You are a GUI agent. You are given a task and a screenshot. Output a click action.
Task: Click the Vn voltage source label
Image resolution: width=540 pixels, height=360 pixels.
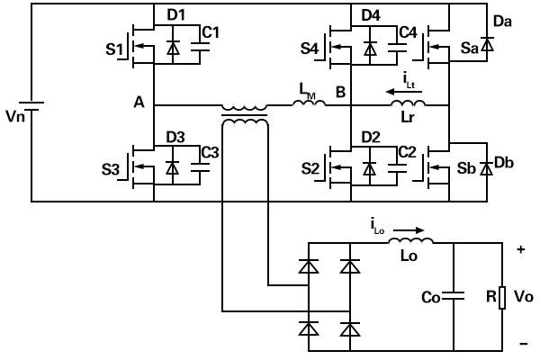pos(15,116)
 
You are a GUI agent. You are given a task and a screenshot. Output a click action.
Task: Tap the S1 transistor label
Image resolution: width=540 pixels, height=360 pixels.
pos(114,49)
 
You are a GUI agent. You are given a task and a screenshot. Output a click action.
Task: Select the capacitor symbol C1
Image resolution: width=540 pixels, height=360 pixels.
pos(200,47)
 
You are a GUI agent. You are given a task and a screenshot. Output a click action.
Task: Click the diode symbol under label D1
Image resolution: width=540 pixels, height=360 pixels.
pos(173,47)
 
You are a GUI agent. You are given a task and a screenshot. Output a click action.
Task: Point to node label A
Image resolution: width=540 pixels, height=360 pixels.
pos(139,103)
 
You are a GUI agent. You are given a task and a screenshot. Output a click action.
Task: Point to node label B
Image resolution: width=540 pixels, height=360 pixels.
pos(340,92)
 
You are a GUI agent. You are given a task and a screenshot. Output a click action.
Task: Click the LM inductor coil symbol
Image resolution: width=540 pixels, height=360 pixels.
pos(309,103)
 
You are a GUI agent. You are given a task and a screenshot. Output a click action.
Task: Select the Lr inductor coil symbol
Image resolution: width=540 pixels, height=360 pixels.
pos(408,103)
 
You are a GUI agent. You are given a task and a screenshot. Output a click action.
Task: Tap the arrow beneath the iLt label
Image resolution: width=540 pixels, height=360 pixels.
pos(404,92)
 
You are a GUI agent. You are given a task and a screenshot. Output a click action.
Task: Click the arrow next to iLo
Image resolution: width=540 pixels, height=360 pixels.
pos(409,230)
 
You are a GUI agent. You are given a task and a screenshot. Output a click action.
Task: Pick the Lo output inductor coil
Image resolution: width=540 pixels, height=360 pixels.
pos(411,240)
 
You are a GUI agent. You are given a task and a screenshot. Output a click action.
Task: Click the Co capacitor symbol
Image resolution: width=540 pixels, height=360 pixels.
pos(454,296)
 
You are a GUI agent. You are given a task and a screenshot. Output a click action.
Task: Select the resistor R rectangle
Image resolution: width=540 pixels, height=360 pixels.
pos(502,297)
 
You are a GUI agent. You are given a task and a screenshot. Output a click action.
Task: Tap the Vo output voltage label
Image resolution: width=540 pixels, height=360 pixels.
pos(524,296)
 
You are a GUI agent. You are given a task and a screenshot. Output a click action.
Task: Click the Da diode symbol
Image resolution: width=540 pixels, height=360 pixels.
pos(487,45)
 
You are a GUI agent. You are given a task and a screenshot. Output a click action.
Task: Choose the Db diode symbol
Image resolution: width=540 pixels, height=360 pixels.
pos(486,169)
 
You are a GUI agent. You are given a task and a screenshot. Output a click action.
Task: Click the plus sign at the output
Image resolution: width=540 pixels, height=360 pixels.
pos(521,249)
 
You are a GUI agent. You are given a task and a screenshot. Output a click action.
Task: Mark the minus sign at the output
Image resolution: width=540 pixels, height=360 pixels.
pos(524,343)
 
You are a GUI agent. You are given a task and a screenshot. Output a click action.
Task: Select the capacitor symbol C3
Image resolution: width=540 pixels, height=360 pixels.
pos(200,167)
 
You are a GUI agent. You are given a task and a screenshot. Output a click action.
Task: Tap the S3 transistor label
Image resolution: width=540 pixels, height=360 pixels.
pos(110,169)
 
